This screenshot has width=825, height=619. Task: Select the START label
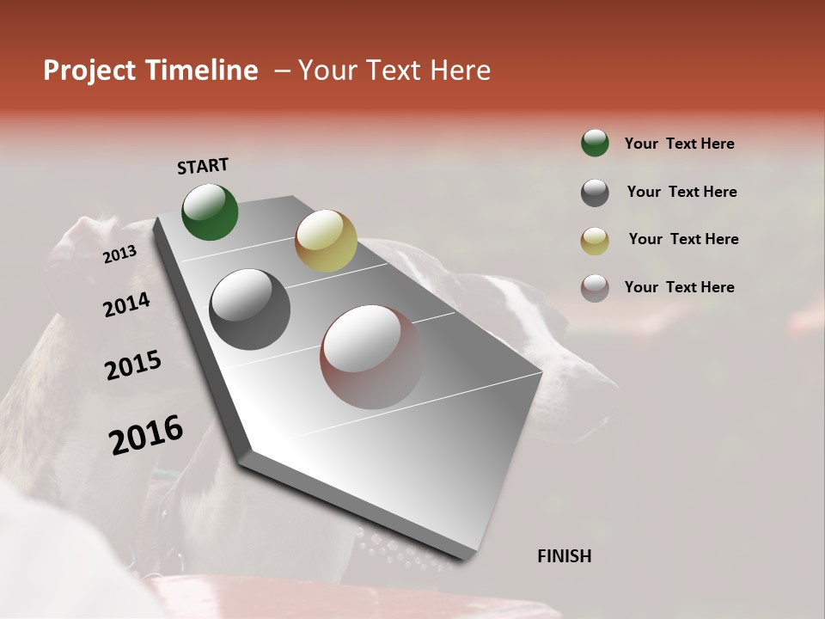tap(203, 166)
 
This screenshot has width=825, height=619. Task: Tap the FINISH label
tap(564, 556)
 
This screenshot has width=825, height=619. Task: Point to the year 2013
tap(119, 254)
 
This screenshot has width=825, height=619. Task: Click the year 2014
tap(126, 305)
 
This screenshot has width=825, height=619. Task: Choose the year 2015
tap(133, 366)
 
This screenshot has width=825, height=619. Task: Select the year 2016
tap(146, 435)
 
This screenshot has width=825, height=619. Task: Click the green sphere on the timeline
tap(210, 211)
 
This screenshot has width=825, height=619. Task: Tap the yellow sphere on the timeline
tap(326, 241)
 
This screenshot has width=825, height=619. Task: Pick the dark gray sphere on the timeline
tap(250, 309)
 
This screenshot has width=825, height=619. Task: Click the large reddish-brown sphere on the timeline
tap(372, 357)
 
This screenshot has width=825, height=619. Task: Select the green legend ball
tap(595, 143)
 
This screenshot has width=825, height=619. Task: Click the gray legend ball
tap(595, 193)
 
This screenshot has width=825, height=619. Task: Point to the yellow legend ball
tap(595, 241)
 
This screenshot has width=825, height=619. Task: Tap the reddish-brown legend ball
tap(595, 288)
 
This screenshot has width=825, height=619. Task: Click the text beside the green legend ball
tap(679, 144)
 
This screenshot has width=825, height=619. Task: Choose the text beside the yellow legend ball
tap(683, 239)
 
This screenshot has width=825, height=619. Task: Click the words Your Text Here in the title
tap(394, 70)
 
